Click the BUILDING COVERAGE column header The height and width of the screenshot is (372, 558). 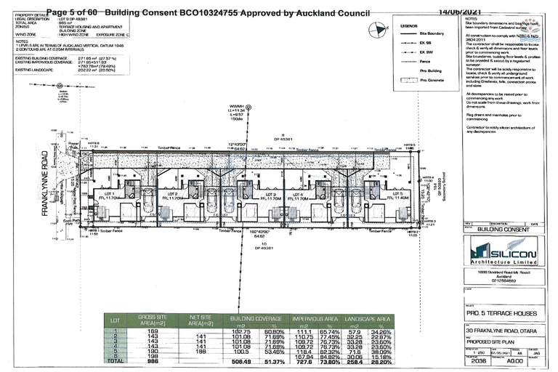tap(257, 318)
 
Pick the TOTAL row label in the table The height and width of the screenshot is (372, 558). tap(113, 360)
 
